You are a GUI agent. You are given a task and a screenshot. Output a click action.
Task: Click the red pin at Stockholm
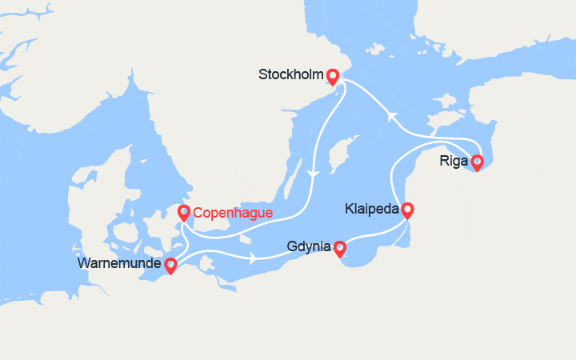(x=332, y=77)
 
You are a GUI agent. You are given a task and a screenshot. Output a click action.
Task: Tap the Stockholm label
(x=290, y=75)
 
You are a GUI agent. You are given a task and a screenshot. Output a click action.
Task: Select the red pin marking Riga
(x=478, y=162)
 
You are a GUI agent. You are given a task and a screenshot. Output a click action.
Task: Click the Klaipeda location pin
(x=407, y=210)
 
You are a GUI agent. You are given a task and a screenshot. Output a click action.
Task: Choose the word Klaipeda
(x=372, y=210)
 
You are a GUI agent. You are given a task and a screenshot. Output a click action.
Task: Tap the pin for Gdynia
(x=339, y=249)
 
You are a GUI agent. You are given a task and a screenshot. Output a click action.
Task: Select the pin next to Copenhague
(x=183, y=213)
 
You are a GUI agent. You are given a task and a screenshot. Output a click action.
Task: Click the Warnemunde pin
(x=170, y=265)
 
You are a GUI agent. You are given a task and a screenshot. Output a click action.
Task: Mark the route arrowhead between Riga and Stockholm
(x=392, y=117)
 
